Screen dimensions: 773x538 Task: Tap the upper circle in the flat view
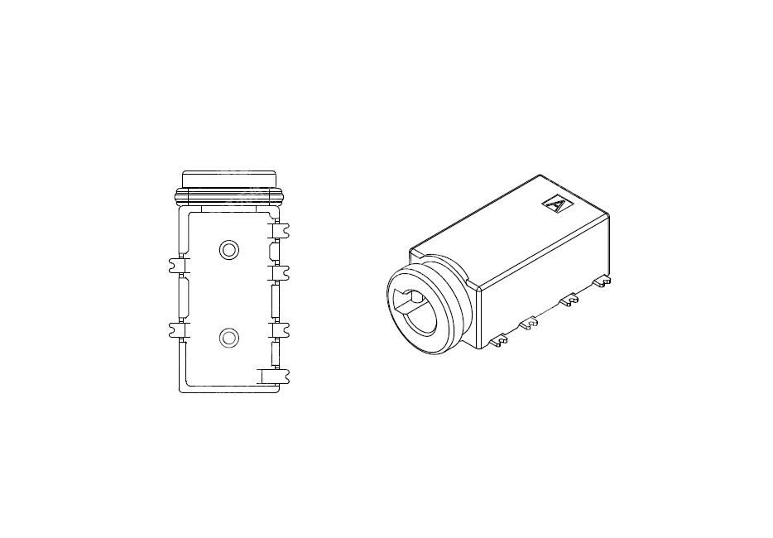pyautogui.click(x=228, y=250)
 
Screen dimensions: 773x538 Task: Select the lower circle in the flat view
pyautogui.click(x=228, y=338)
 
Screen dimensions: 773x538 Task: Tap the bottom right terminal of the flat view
pyautogui.click(x=275, y=377)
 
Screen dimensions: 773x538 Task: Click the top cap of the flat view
pyautogui.click(x=228, y=179)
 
